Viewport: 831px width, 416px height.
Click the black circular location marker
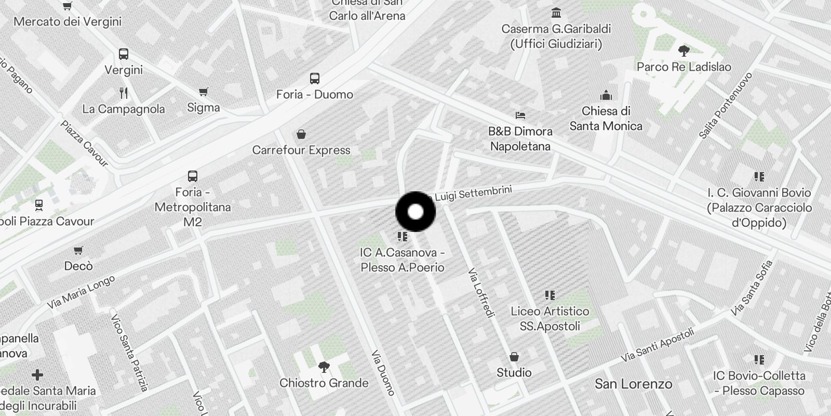pos(415,212)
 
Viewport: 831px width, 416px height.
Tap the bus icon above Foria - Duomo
pos(315,79)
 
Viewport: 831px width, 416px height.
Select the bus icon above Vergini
pos(124,54)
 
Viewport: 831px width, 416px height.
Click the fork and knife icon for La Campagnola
pos(124,93)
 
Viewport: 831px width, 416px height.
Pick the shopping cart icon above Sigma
pos(204,92)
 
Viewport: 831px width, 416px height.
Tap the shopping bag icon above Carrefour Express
pos(301,135)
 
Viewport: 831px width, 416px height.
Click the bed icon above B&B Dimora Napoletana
pos(520,115)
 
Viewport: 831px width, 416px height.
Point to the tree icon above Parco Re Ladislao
pos(683,51)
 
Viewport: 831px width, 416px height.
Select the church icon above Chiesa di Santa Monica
pos(606,96)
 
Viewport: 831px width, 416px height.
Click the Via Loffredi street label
pos(481,292)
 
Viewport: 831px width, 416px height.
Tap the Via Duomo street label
pos(383,373)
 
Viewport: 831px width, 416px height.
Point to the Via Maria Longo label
pos(81,292)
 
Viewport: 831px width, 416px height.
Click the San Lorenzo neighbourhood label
pos(633,384)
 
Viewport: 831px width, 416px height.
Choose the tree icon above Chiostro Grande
pos(324,367)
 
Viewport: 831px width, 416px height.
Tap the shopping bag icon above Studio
pos(514,357)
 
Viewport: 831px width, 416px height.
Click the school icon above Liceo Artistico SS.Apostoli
pos(550,296)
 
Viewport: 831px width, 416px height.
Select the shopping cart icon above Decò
pos(78,251)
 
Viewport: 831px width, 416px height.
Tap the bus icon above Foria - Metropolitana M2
pos(193,176)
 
